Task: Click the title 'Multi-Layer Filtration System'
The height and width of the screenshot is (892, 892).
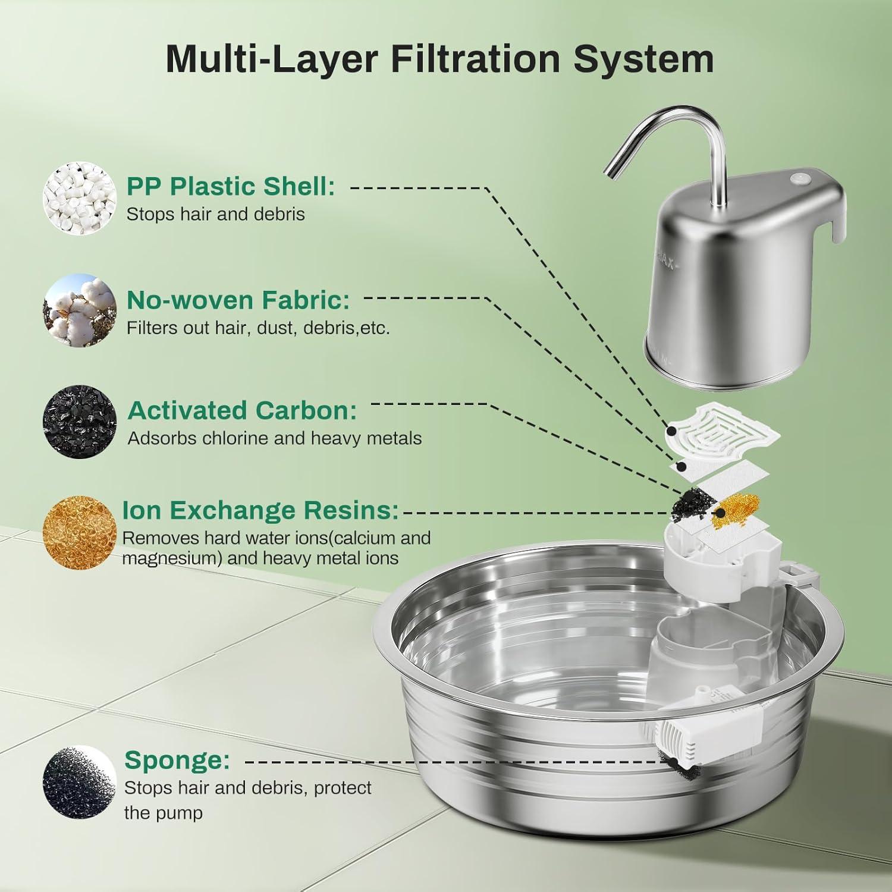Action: [x=439, y=59]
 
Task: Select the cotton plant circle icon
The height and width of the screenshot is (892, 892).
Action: [x=80, y=310]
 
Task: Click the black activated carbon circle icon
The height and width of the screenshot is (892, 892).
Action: [x=80, y=421]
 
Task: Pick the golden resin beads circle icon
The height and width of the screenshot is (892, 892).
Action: [x=80, y=532]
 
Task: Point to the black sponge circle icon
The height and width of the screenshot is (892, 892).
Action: [x=80, y=783]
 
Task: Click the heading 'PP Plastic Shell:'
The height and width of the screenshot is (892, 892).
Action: [x=231, y=186]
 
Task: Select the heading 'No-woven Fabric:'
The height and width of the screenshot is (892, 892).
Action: [x=238, y=300]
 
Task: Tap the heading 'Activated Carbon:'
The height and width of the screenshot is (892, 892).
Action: [x=243, y=410]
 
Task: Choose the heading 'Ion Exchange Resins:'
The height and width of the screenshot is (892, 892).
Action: [x=260, y=510]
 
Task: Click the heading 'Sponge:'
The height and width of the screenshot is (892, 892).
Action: [x=177, y=760]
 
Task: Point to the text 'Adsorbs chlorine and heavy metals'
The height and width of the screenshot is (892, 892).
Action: [x=275, y=438]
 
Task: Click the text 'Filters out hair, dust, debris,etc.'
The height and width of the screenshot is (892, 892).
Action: [x=258, y=328]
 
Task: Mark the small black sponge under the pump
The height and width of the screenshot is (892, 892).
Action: [x=674, y=763]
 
